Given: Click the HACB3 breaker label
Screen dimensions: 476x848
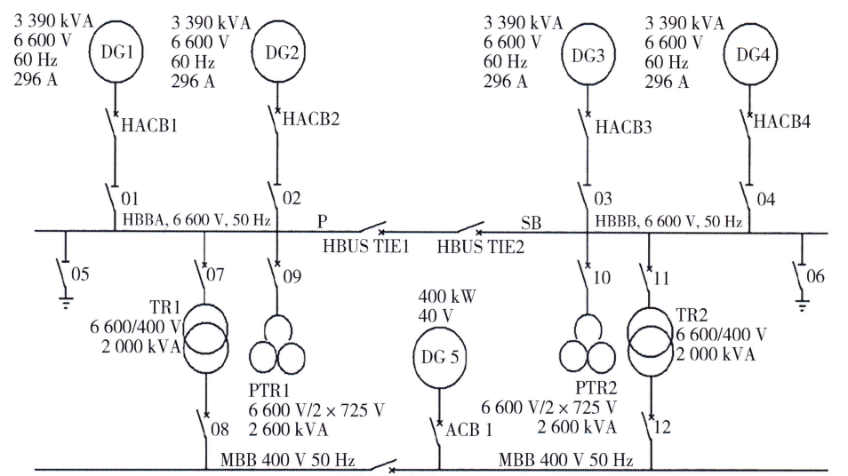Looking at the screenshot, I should coord(623,128).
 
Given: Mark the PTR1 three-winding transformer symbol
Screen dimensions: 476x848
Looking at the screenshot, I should coord(276,346).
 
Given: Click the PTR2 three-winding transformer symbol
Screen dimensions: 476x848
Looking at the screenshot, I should coord(586,345).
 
